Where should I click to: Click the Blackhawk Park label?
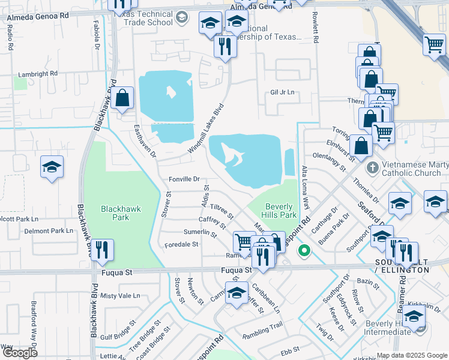(121, 213)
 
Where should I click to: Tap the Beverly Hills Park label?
(280, 210)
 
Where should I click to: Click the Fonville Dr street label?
(184, 179)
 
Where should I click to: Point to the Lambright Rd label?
(37, 73)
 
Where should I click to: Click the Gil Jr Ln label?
(283, 92)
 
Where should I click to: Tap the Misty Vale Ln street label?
(120, 296)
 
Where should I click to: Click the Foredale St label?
(181, 244)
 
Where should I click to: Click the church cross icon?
(372, 167)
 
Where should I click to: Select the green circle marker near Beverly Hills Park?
(304, 250)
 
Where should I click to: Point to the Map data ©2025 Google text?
(412, 355)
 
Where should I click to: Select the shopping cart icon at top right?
(433, 45)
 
